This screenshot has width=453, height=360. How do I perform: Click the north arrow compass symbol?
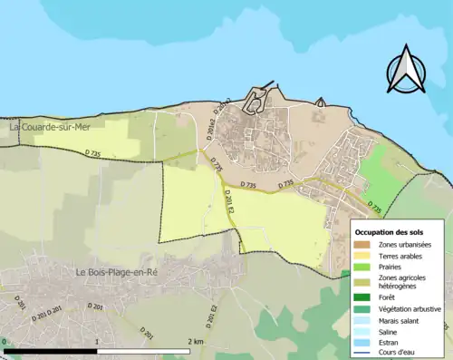click(406, 70)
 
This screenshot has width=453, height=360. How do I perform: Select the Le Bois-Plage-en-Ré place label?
click(119, 272)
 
